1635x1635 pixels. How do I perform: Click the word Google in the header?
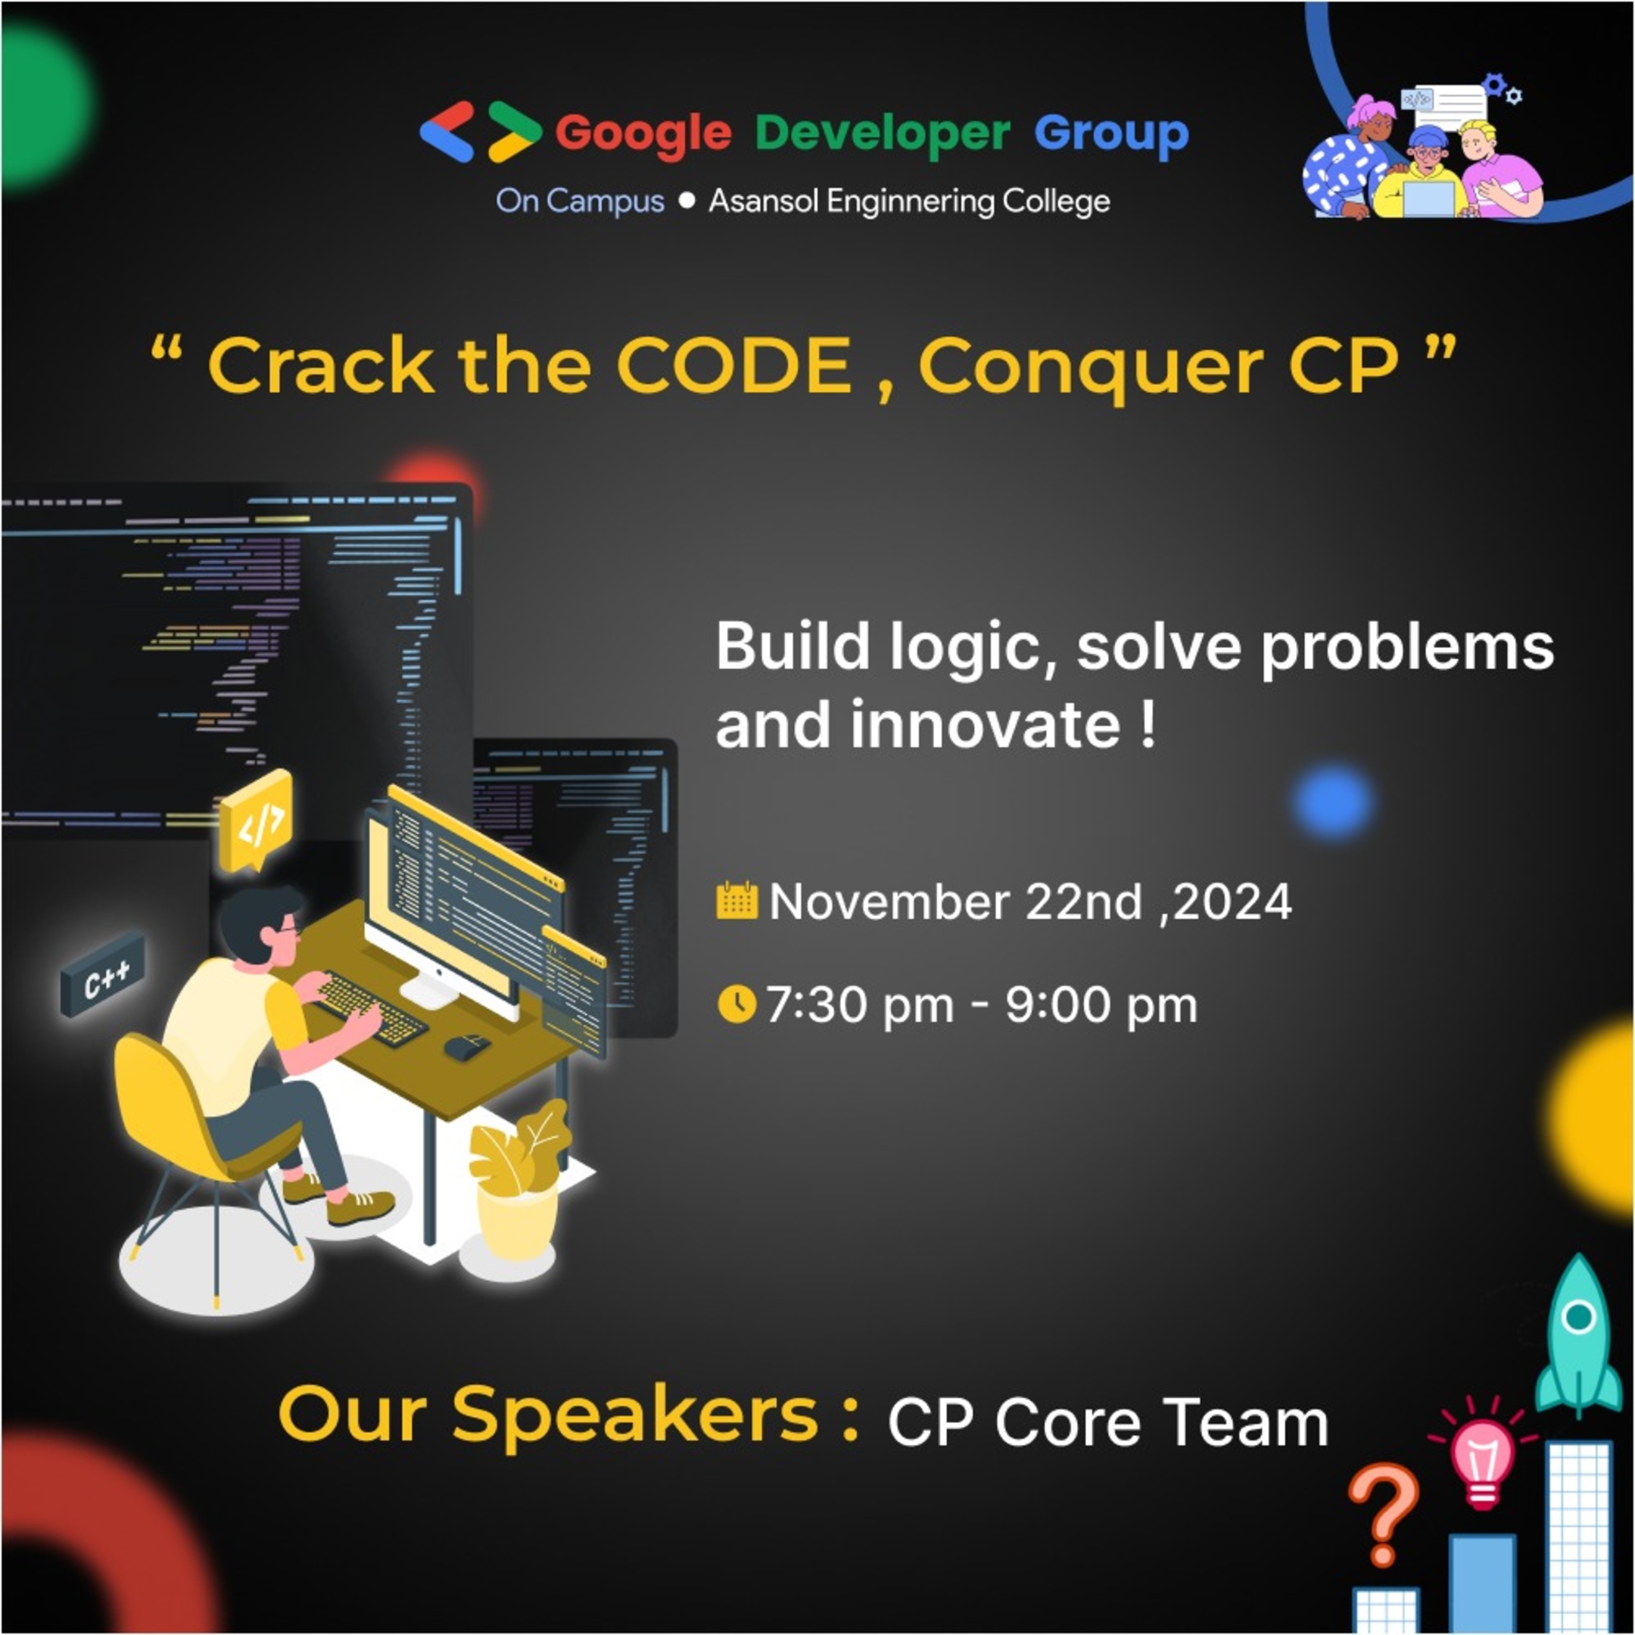coord(643,134)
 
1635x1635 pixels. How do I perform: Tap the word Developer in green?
coord(882,134)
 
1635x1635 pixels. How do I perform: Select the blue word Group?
coord(1110,134)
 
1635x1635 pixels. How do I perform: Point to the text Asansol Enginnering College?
coord(909,201)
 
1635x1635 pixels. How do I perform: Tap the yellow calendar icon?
coord(737,901)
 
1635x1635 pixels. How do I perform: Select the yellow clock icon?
coord(737,1004)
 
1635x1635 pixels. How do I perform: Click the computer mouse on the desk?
coord(466,1046)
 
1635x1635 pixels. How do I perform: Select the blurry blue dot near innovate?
coord(1331,802)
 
